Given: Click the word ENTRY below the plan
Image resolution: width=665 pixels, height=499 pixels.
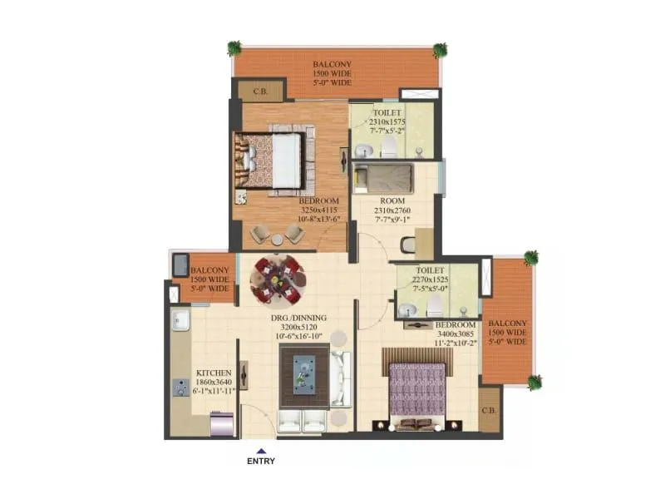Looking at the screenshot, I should click(261, 460).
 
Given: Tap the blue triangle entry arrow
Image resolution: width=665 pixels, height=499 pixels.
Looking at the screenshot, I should click(261, 450).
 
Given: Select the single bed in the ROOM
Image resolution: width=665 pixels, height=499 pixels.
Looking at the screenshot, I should click(383, 177).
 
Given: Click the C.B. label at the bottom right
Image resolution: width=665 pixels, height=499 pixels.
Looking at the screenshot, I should click(490, 413).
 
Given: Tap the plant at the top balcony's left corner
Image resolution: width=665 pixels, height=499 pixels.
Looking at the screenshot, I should click(234, 47).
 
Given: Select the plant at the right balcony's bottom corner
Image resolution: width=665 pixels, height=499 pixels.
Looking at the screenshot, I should click(533, 382).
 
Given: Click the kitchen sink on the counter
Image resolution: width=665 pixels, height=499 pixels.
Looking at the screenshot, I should click(180, 319).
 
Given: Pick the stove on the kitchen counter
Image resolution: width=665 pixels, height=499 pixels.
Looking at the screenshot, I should click(180, 387).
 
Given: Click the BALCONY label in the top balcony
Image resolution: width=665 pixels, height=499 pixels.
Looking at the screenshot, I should click(332, 64).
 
